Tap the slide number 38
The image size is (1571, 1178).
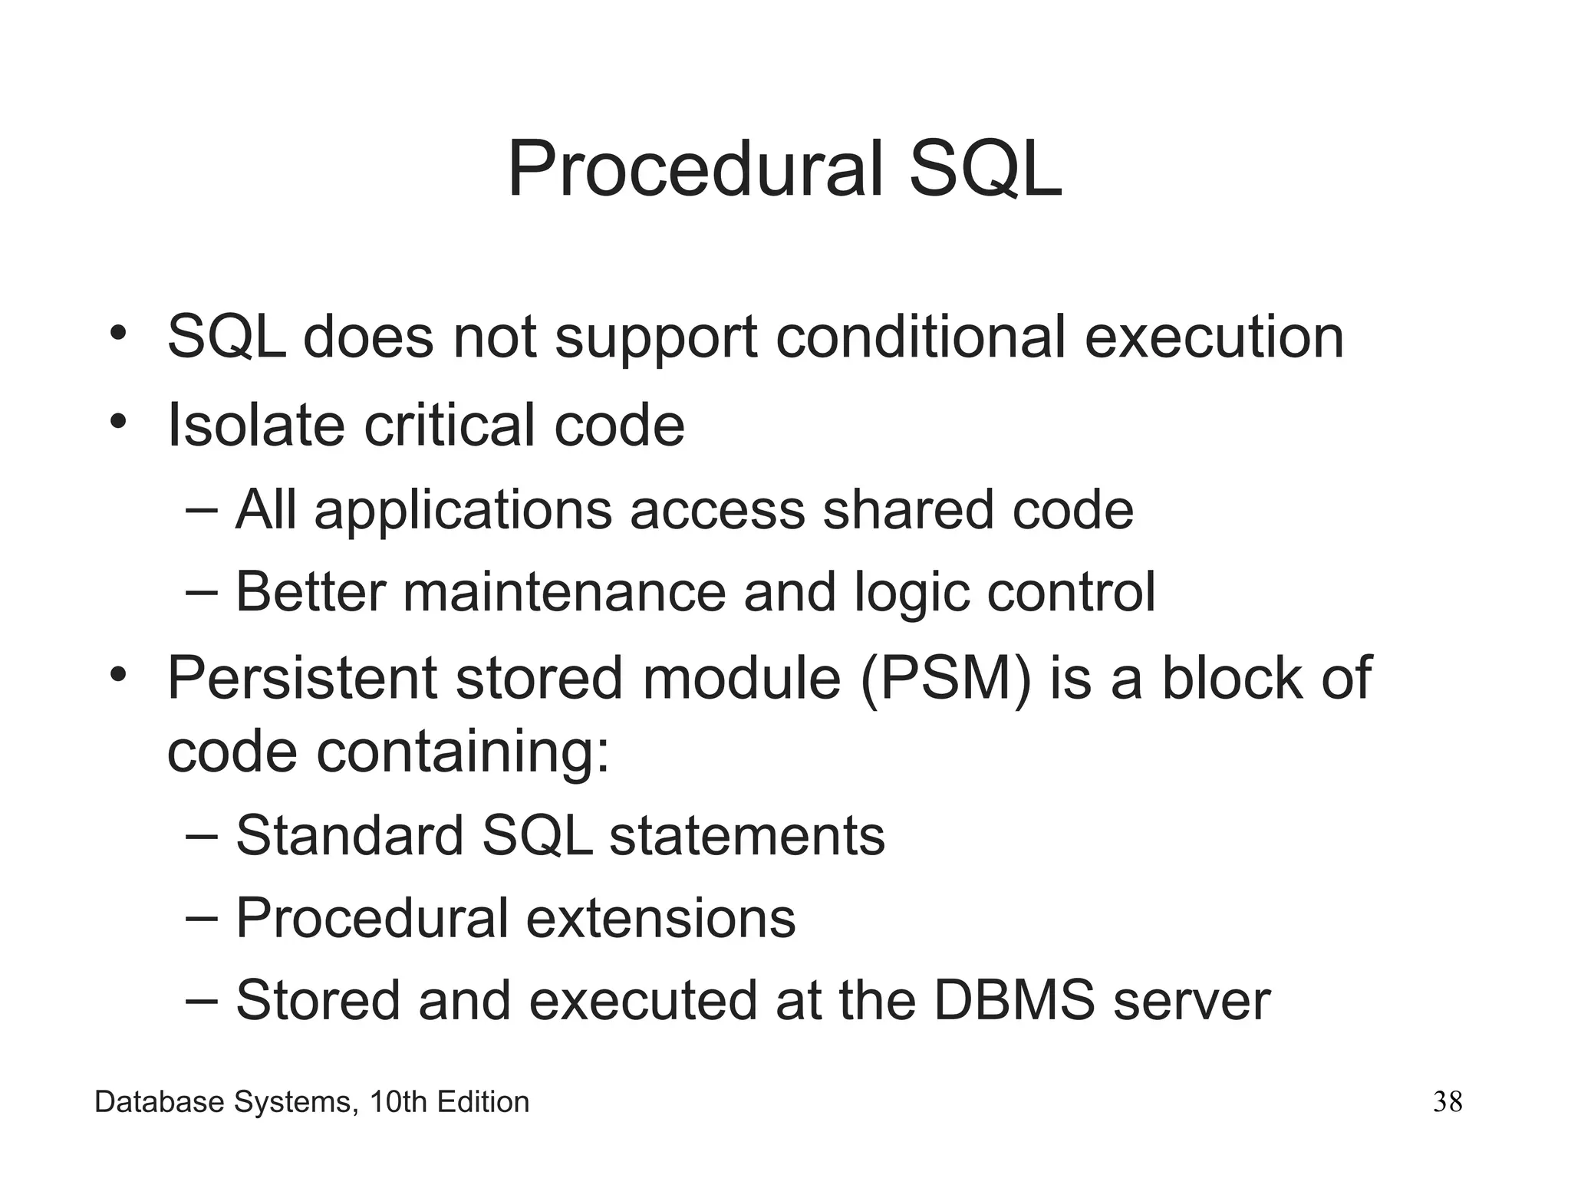click(x=1447, y=1102)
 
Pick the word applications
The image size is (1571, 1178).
click(x=463, y=511)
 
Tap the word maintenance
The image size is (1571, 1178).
click(x=564, y=592)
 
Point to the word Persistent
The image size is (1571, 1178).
click(x=301, y=678)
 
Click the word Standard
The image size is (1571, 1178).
click(x=349, y=835)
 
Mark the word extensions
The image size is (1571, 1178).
click(x=660, y=918)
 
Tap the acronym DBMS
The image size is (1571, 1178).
click(x=1014, y=1000)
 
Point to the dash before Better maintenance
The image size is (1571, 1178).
click(x=202, y=591)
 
